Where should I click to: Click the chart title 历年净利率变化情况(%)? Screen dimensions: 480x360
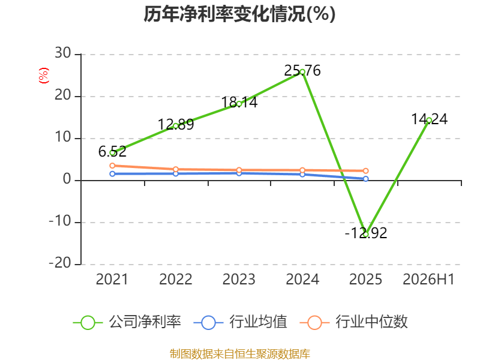239,14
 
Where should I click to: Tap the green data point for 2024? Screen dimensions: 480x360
302,72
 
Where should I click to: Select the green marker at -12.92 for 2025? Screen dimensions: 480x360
365,235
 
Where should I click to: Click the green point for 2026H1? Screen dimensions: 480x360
429,121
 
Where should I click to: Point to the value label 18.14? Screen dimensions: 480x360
239,102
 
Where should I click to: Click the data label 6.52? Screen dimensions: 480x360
112,152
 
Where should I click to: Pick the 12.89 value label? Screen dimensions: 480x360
176,125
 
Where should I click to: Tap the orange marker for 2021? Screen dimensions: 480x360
112,166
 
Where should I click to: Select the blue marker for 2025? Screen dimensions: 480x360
365,179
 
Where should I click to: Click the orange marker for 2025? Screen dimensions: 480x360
365,171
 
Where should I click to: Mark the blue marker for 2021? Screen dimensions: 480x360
112,174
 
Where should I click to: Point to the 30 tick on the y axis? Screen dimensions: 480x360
63,53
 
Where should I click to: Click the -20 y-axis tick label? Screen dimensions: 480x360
60,263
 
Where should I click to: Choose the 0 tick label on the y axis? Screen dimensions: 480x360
67,179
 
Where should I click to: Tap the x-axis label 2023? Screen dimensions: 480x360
239,280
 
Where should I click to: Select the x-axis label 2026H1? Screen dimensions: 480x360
428,280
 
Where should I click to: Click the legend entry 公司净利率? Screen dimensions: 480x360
127,322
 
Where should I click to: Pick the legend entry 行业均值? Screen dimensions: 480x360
241,322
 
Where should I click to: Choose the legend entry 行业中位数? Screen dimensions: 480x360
353,322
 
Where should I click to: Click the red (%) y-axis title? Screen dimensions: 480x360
44,76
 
